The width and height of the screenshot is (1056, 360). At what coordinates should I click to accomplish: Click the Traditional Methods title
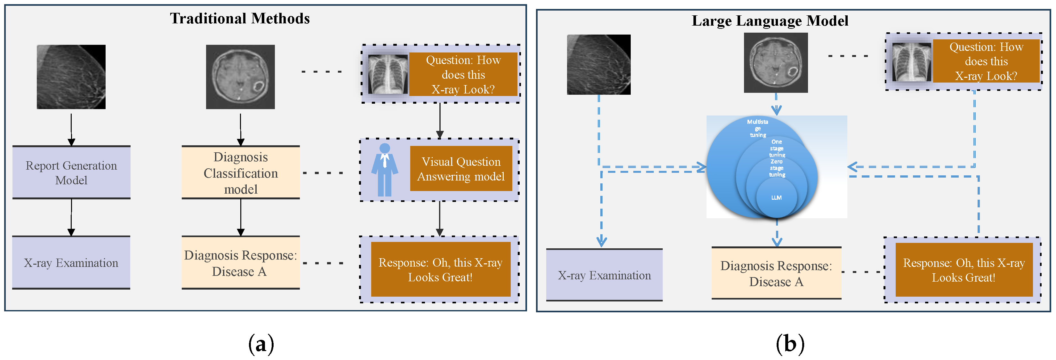(x=240, y=19)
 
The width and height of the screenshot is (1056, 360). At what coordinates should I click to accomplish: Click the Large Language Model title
(x=770, y=21)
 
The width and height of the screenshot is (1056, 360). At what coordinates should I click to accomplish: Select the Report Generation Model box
(x=71, y=172)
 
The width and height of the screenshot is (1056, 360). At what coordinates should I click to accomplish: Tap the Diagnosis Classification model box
(x=241, y=172)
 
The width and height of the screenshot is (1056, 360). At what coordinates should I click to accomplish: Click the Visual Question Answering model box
(x=461, y=169)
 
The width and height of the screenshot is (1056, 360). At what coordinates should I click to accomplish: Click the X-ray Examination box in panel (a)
(x=71, y=263)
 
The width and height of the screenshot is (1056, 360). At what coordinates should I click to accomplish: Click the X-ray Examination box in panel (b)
(x=604, y=275)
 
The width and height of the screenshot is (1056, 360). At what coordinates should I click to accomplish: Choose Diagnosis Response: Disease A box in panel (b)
(x=776, y=274)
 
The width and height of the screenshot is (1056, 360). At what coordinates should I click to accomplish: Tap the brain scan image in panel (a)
(x=240, y=77)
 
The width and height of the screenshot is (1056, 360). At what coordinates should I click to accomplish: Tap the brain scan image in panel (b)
(x=776, y=63)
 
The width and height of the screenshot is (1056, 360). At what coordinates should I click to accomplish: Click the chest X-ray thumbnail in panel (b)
(x=911, y=62)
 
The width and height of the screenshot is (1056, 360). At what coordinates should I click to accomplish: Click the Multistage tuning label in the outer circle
(x=757, y=128)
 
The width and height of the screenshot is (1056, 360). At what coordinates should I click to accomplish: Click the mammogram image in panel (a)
(x=71, y=77)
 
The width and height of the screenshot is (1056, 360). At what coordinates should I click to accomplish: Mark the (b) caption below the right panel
(x=790, y=344)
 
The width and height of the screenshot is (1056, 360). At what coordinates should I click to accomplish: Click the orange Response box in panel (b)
(x=964, y=270)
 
